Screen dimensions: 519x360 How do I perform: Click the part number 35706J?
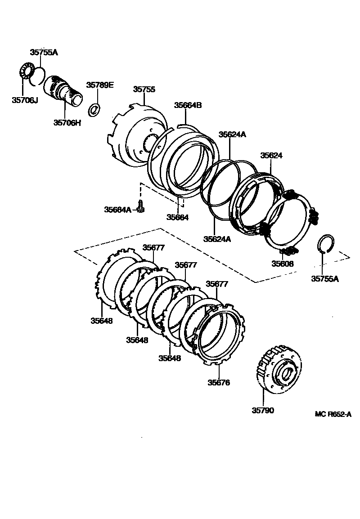tap(25, 100)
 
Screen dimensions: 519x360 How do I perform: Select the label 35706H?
tap(67, 122)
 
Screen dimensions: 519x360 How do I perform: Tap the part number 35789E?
tap(100, 85)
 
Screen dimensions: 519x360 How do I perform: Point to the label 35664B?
tap(188, 105)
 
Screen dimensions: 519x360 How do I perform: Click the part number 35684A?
tap(117, 209)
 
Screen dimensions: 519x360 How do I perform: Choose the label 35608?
tap(282, 264)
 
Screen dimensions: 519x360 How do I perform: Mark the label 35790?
tap(262, 410)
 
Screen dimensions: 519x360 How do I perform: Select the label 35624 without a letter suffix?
tap(271, 155)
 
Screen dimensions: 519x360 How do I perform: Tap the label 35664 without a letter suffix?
tap(177, 217)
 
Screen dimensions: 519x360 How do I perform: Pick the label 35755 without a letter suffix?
tap(144, 89)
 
